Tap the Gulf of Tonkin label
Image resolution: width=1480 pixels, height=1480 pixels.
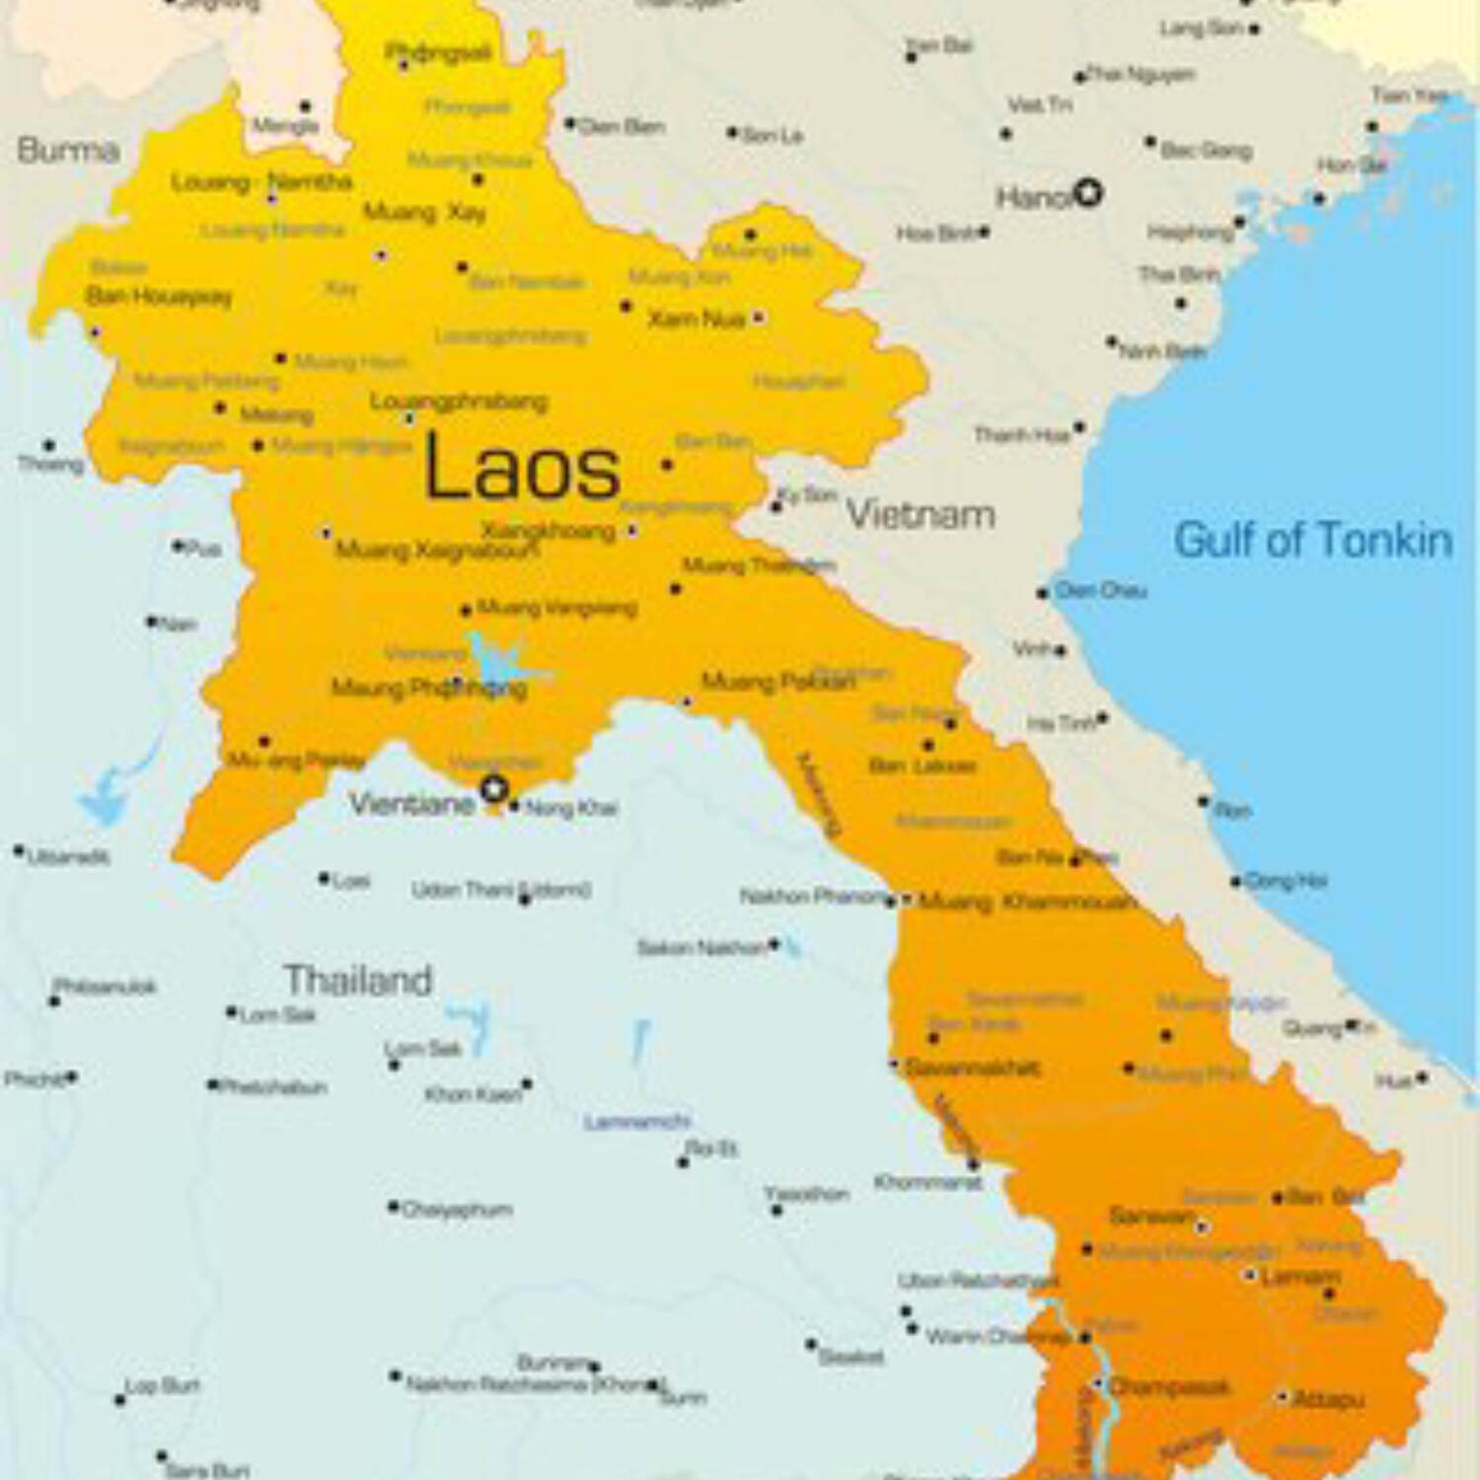tap(1312, 541)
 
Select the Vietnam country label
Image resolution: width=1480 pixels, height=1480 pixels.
tap(921, 515)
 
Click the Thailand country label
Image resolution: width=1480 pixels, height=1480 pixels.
tap(358, 980)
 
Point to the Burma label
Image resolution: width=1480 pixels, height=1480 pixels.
tap(68, 150)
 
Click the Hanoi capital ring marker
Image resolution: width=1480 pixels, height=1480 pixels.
tap(1087, 192)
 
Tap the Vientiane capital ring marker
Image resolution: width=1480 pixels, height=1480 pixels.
tap(494, 789)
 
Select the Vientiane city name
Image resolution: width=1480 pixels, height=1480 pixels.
tap(411, 804)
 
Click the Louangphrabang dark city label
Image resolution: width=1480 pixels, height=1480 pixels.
tap(459, 402)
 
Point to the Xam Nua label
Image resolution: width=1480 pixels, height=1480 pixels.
tap(696, 319)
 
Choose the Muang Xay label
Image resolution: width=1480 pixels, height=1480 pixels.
tap(424, 212)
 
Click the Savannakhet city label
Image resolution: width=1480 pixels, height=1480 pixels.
tap(972, 1068)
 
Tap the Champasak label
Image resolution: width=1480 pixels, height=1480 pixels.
tap(1169, 1387)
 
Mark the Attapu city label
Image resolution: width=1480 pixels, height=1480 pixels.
tap(1327, 1399)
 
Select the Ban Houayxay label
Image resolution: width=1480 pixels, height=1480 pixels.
tap(158, 296)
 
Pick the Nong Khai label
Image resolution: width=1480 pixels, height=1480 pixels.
tap(571, 808)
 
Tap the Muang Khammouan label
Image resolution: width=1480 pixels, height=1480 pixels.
tap(1026, 902)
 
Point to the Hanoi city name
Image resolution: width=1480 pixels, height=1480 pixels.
tap(1033, 198)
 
